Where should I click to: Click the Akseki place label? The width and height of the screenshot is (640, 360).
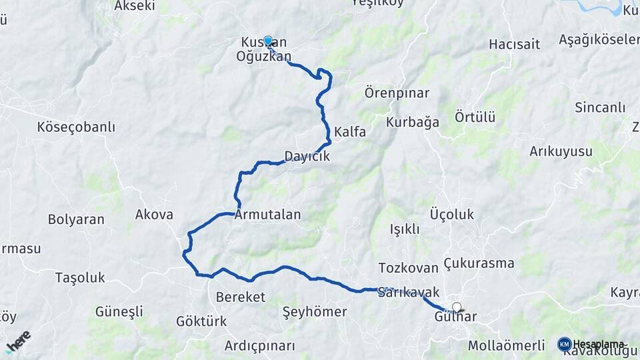(135, 6)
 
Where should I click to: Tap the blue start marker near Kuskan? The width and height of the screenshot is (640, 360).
(268, 41)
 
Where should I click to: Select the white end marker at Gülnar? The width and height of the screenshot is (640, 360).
(457, 307)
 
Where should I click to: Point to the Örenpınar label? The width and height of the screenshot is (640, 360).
(397, 93)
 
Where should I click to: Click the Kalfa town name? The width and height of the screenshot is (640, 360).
(350, 132)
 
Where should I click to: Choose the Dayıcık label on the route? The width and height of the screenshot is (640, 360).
(307, 156)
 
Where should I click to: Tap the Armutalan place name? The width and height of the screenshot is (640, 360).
(267, 215)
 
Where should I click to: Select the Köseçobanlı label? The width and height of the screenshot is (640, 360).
(76, 127)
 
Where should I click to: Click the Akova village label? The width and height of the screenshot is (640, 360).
(154, 215)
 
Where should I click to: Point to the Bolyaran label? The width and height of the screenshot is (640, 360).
(76, 219)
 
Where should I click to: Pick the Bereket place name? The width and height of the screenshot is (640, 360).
(241, 297)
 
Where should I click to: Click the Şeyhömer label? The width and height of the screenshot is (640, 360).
(315, 311)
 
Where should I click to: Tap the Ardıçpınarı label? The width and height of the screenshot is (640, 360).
(259, 346)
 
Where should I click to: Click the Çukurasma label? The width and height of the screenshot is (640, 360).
(479, 263)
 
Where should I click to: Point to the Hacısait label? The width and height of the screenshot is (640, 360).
(514, 44)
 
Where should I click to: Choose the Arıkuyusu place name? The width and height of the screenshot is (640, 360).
(561, 151)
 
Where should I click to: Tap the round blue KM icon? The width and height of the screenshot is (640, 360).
(564, 344)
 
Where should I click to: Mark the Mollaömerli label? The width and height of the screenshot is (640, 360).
(507, 346)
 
